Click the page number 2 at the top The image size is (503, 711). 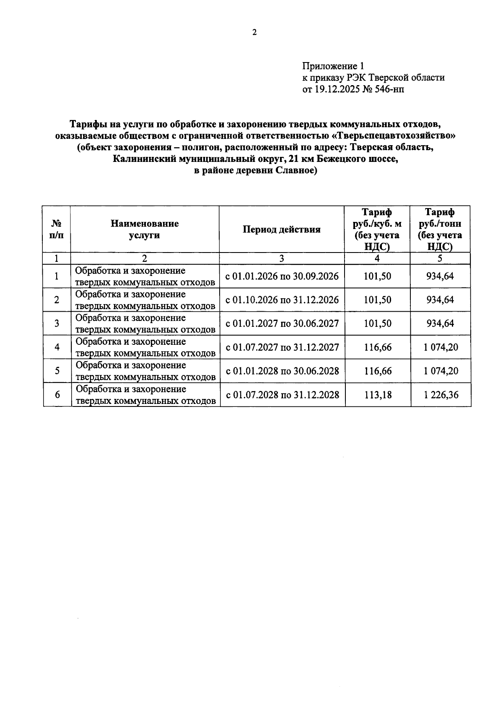(254, 32)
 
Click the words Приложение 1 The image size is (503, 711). (333, 66)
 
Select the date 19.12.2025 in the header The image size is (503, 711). (334, 89)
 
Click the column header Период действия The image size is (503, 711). (282, 229)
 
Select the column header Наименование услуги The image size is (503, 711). (145, 229)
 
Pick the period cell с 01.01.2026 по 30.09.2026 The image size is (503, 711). (282, 276)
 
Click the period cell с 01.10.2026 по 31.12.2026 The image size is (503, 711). (282, 300)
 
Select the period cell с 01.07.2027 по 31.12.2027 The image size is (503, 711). (282, 347)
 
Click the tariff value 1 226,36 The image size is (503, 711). (441, 395)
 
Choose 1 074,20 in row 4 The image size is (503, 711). (441, 347)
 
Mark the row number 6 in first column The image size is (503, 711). (57, 395)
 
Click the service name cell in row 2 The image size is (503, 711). (145, 300)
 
